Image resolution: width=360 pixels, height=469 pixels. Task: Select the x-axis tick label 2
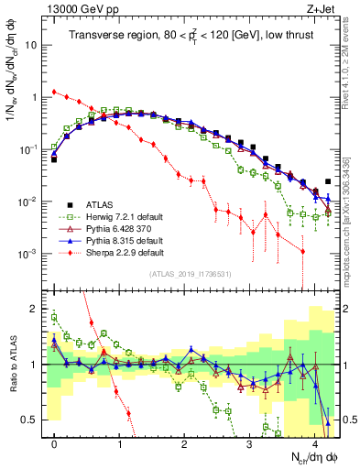[x=184, y=443]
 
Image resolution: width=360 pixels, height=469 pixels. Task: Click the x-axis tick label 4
[x=314, y=443]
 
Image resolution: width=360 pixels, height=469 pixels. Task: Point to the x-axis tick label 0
[x=54, y=443]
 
